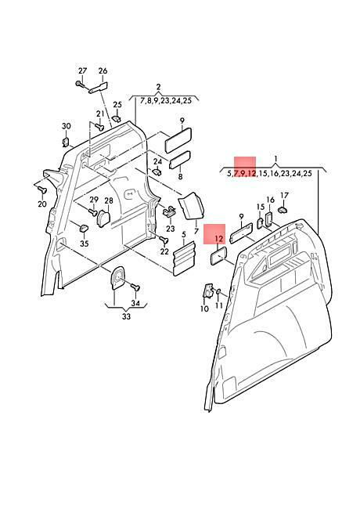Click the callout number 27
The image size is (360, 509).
pyautogui.click(x=83, y=70)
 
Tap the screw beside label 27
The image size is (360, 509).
pyautogui.click(x=80, y=84)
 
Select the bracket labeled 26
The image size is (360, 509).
pyautogui.click(x=99, y=88)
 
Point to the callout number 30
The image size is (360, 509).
pyautogui.click(x=67, y=126)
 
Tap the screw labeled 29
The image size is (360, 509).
pyautogui.click(x=93, y=211)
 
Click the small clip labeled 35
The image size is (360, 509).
pyautogui.click(x=84, y=228)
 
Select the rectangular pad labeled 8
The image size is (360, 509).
pyautogui.click(x=178, y=160)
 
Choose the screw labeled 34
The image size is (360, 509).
pyautogui.click(x=135, y=287)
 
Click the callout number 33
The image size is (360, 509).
pyautogui.click(x=126, y=316)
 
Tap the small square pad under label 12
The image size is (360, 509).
pyautogui.click(x=218, y=256)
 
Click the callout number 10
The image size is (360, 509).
pyautogui.click(x=204, y=309)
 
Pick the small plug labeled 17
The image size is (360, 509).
pyautogui.click(x=283, y=209)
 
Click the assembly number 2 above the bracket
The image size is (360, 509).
pyautogui.click(x=158, y=87)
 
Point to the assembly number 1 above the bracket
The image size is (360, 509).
pyautogui.click(x=275, y=159)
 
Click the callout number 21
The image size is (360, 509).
pyautogui.click(x=100, y=114)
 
